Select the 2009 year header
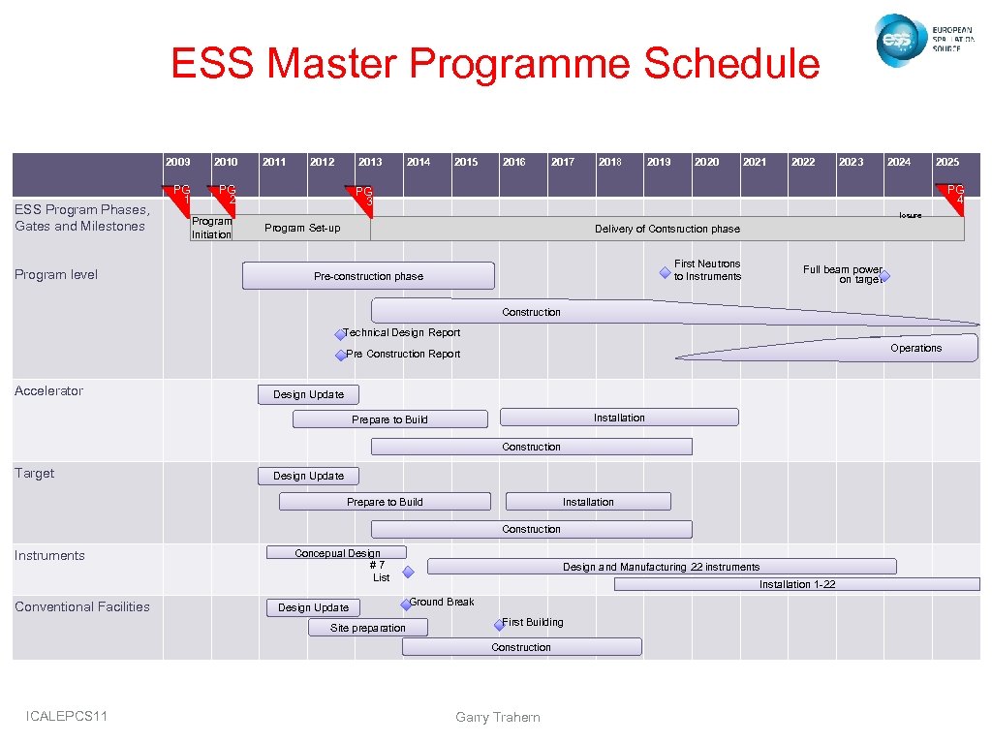178,162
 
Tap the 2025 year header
947,162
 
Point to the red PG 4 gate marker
951,192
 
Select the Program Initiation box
211,228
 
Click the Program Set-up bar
302,229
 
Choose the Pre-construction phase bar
368,276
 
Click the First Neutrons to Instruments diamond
665,273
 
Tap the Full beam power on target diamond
883,276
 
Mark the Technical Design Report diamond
340,334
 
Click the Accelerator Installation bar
618,418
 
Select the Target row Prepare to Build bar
385,502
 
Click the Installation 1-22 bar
796,584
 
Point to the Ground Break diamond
406,604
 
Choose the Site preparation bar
368,628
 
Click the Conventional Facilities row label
82,606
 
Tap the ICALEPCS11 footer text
68,716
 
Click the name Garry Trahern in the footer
497,717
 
